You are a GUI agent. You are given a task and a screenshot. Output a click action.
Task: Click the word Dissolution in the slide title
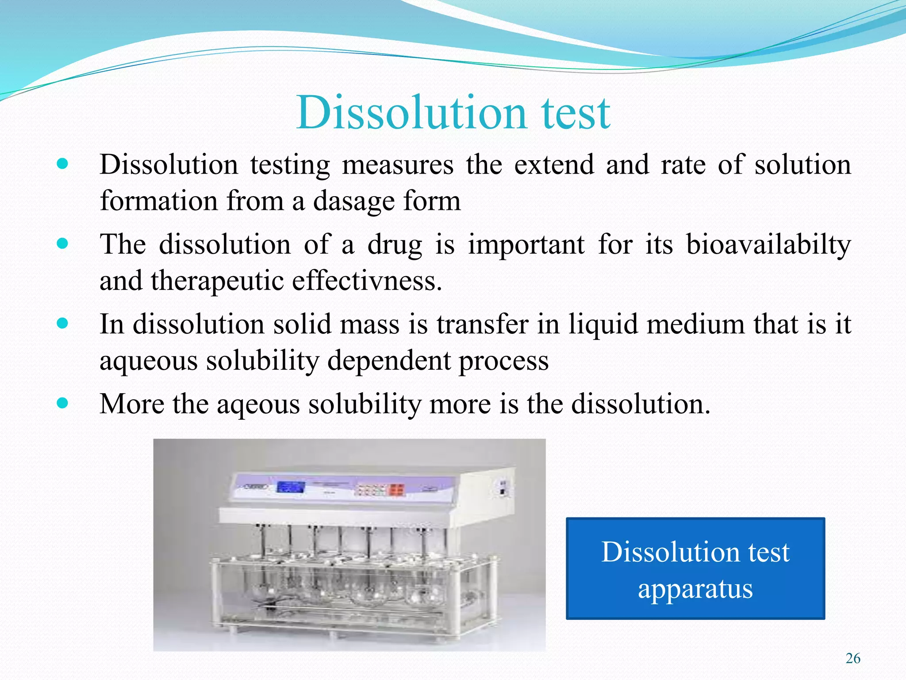(x=411, y=113)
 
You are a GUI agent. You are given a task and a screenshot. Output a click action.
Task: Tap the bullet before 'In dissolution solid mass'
(x=63, y=323)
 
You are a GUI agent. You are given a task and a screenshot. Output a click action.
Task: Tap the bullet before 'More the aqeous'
(x=63, y=403)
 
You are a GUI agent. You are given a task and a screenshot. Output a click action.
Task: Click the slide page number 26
(x=853, y=659)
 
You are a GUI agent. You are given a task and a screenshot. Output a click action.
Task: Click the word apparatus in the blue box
(x=695, y=590)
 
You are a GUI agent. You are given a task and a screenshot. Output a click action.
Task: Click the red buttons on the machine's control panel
(x=396, y=490)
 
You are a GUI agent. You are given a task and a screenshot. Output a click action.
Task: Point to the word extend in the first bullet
(x=554, y=165)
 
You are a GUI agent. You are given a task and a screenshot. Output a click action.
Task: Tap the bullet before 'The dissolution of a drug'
(x=63, y=243)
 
